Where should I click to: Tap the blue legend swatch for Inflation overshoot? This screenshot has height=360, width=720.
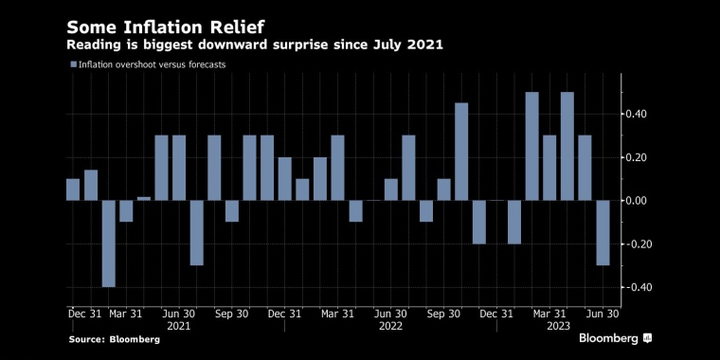click(x=73, y=64)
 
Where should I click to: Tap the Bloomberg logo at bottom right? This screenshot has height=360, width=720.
click(x=616, y=338)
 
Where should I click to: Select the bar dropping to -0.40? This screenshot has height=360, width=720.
click(x=109, y=243)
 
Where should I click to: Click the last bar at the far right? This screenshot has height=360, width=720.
click(x=603, y=233)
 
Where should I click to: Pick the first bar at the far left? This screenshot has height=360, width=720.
click(x=73, y=189)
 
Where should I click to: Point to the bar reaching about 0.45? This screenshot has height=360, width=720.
click(x=461, y=152)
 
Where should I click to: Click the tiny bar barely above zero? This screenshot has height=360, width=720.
click(x=144, y=198)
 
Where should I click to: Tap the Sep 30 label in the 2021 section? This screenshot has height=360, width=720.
click(x=232, y=313)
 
